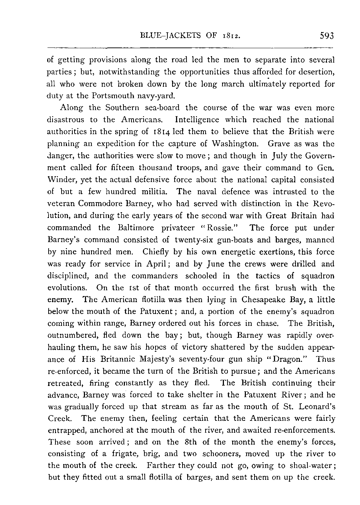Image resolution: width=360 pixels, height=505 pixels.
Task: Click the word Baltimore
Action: (136, 228)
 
